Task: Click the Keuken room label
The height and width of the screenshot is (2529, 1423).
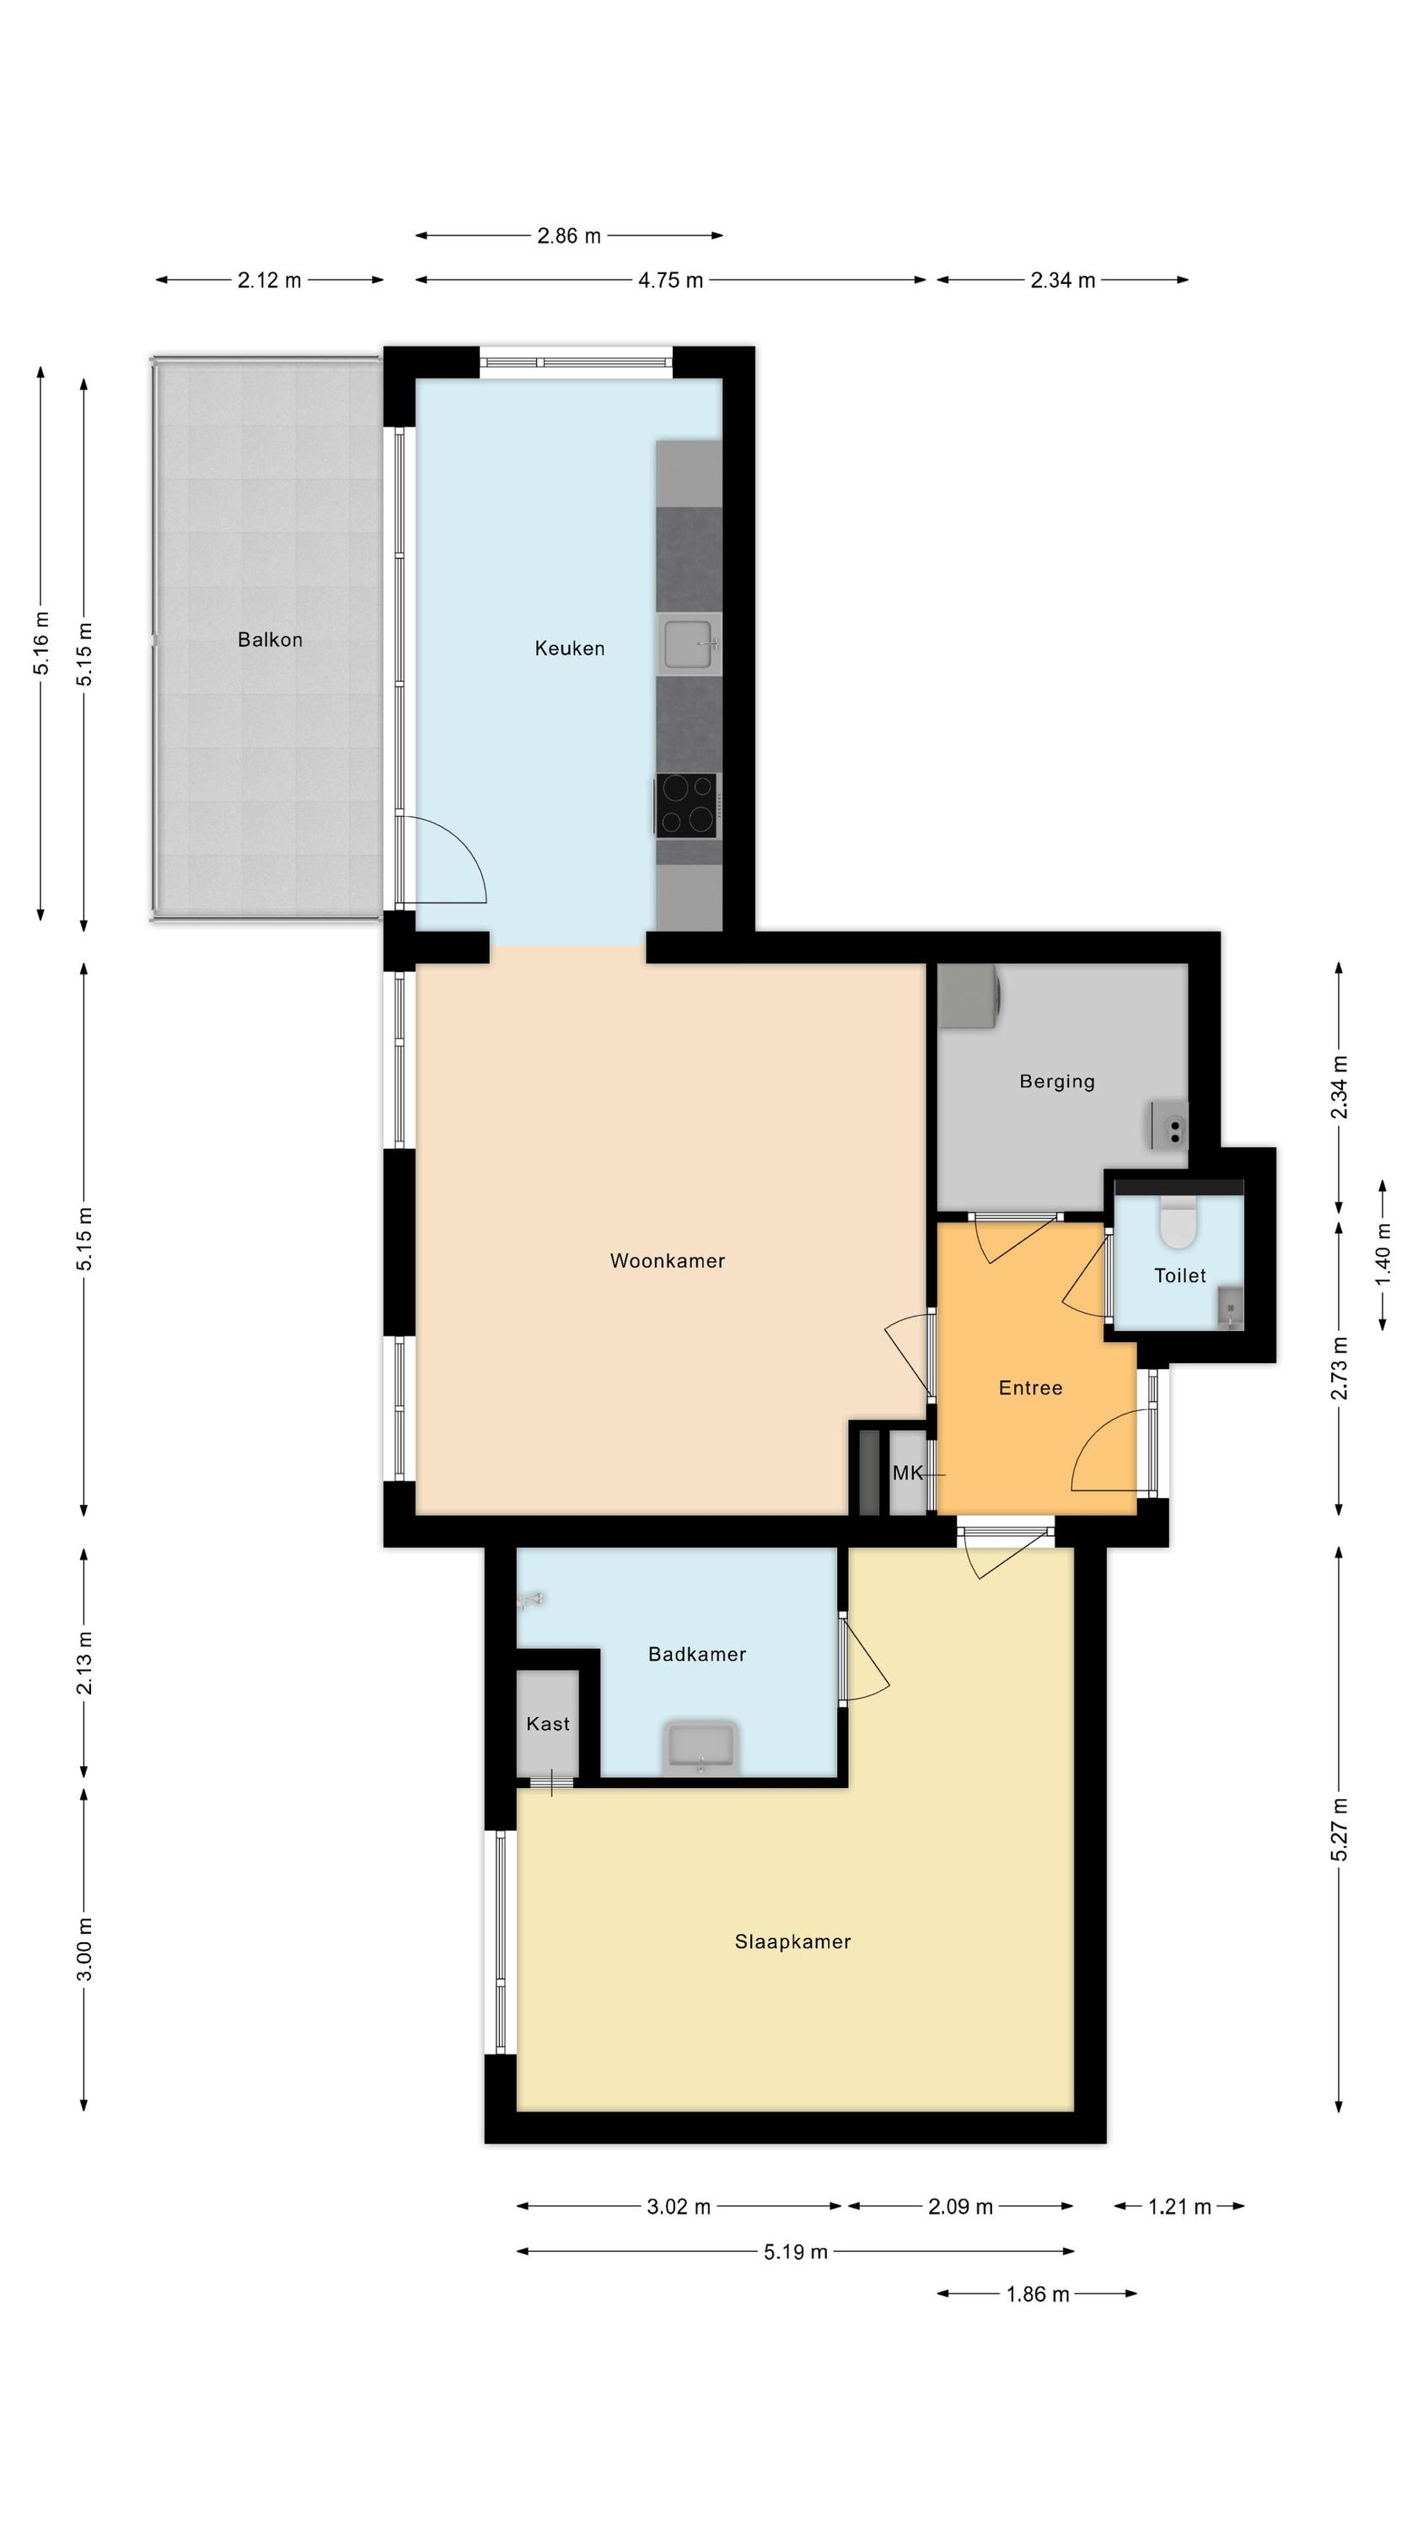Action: (x=570, y=648)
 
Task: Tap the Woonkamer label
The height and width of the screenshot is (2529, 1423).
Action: (x=668, y=1260)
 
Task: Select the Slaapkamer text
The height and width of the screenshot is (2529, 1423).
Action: (x=792, y=1941)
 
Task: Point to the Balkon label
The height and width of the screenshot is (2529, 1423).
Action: (x=270, y=640)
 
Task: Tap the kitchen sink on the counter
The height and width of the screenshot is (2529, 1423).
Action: (x=690, y=644)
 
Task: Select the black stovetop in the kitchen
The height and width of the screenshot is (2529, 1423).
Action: (x=686, y=805)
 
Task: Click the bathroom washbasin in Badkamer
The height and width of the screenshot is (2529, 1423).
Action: (x=701, y=1748)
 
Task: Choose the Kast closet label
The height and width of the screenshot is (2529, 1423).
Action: (x=548, y=1724)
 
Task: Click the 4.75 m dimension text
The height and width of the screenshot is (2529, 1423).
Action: (x=671, y=281)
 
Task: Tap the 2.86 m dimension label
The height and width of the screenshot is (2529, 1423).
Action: (x=569, y=236)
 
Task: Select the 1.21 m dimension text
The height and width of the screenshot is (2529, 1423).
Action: (x=1179, y=2207)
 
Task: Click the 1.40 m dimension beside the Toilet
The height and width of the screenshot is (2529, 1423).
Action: (x=1383, y=1254)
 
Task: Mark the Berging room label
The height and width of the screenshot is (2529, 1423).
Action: (x=1056, y=1082)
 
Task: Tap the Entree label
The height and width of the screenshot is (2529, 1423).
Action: (x=1030, y=1388)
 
